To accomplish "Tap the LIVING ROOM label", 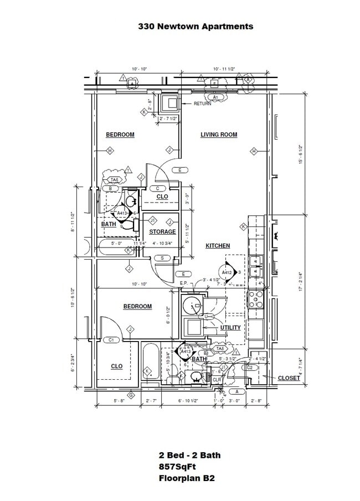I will [x=219, y=135].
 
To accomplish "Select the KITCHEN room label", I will [x=218, y=246].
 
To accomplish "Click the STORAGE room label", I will [x=162, y=232].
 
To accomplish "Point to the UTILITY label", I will [x=230, y=328].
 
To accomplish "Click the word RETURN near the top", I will [x=202, y=104].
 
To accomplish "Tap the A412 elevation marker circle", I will [x=227, y=272].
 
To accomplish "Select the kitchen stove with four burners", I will [x=255, y=299].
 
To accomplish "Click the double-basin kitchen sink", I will [x=256, y=265].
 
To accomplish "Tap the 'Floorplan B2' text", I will [x=186, y=478].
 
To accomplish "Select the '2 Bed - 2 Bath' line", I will [x=189, y=456].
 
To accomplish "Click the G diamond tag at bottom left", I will [x=131, y=395].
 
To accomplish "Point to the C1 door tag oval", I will [x=111, y=340].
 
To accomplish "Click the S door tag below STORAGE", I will [x=162, y=258].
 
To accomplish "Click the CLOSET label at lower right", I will [x=289, y=378].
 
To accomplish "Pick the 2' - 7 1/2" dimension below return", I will [x=168, y=118].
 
